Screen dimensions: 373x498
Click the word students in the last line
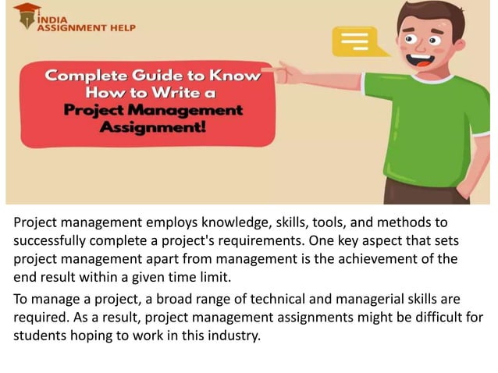[x=40, y=336]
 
